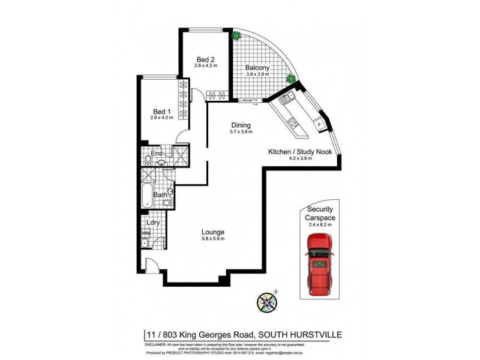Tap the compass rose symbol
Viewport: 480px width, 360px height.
tap(266, 301)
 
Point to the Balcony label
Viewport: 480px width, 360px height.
tap(257, 68)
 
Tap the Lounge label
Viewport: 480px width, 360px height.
tap(213, 232)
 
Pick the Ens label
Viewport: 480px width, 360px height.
tap(157, 154)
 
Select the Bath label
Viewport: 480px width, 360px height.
tap(160, 194)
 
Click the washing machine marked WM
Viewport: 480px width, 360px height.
tap(145, 233)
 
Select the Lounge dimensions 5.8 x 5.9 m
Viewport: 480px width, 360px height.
tap(213, 239)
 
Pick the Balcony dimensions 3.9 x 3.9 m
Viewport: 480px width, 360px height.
tap(257, 75)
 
